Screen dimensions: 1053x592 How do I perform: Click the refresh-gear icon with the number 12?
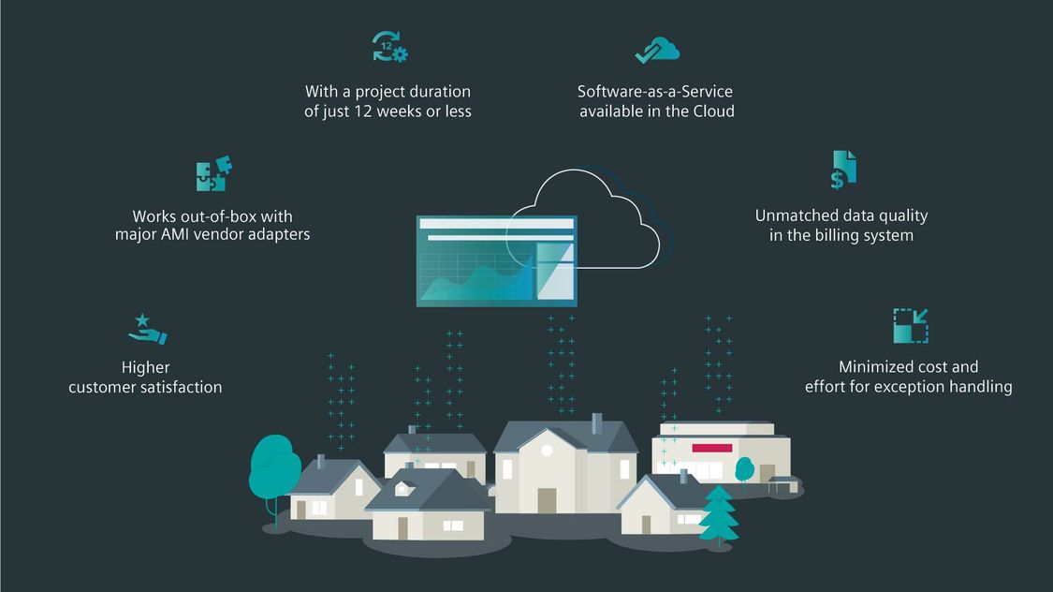(x=390, y=47)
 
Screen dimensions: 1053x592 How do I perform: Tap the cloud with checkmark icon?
(x=657, y=51)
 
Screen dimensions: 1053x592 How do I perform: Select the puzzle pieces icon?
(x=214, y=173)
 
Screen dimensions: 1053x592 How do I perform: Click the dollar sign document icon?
(x=843, y=170)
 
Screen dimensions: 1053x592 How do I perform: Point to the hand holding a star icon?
(x=147, y=330)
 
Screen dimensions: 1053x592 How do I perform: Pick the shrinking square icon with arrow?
(x=911, y=326)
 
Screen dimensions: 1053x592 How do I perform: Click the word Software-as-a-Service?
(x=655, y=92)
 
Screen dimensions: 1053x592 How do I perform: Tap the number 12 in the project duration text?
(x=362, y=111)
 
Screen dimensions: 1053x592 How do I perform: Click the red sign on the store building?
(x=712, y=448)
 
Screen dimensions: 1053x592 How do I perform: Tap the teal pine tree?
(x=718, y=514)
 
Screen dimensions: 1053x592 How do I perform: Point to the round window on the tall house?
(x=547, y=451)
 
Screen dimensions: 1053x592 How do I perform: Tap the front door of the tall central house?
(x=547, y=500)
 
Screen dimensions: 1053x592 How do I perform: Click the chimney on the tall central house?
(x=596, y=424)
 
